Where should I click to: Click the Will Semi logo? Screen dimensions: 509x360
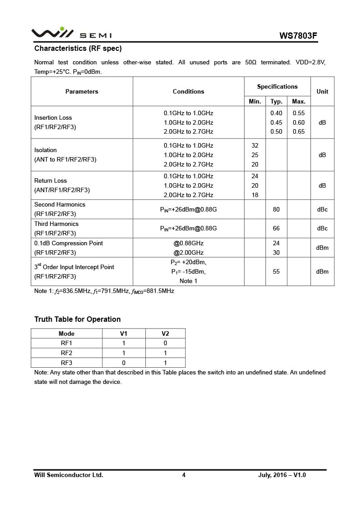point(71,34)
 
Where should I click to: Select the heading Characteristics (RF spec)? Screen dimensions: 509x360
point(78,48)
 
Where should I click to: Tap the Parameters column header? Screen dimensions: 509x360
point(81,91)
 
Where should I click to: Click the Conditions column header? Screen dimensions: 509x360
point(189,91)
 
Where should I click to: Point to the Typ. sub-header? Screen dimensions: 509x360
point(276,101)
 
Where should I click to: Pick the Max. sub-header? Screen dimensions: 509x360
point(299,101)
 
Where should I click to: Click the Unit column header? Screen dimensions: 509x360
point(322,91)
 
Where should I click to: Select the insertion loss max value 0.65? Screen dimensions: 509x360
point(299,131)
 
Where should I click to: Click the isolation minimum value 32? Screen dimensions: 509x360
point(255,145)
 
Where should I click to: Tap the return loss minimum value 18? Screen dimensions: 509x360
point(255,195)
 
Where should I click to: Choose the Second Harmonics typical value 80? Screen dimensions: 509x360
point(276,209)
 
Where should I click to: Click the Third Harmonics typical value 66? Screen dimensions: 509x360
point(276,229)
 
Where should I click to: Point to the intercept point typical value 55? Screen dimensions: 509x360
point(276,271)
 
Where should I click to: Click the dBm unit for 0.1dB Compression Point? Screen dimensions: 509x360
point(322,248)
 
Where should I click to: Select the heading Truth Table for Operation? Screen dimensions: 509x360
point(77,319)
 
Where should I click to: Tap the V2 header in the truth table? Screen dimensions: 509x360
point(165,333)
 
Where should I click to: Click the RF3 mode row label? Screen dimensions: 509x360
point(67,363)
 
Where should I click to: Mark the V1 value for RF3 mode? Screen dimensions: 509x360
point(124,363)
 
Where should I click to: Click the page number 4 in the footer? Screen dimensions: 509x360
point(184,475)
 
